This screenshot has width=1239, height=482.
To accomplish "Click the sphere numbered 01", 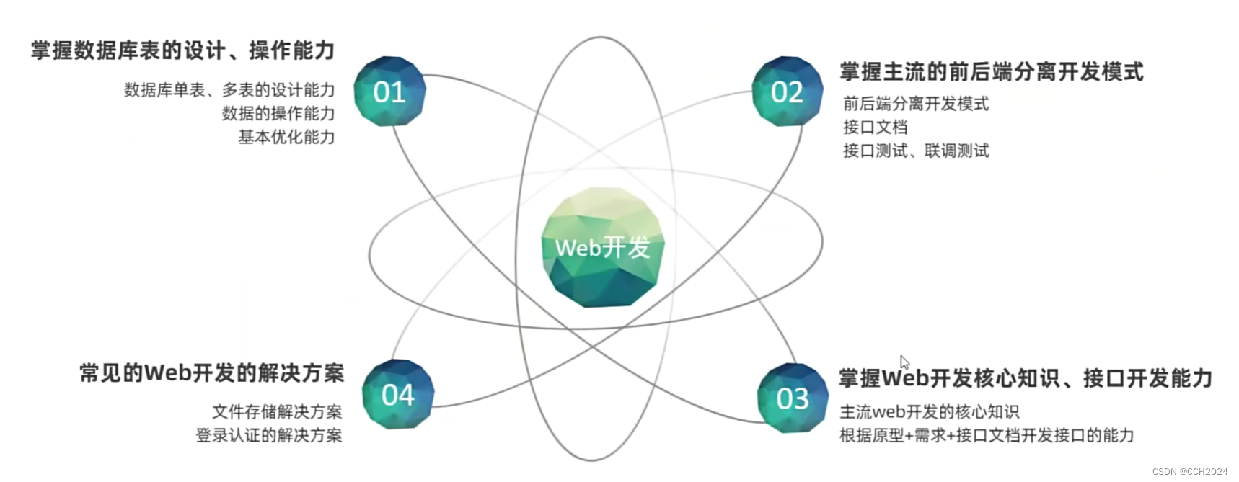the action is click(389, 92).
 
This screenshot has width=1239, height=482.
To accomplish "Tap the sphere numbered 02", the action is click(787, 92).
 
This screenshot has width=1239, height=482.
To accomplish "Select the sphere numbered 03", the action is click(793, 398).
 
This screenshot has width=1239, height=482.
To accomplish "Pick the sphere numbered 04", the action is click(398, 394).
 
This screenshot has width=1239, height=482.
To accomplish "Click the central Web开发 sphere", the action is click(603, 247).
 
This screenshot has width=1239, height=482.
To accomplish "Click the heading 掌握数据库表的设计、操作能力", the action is click(183, 50).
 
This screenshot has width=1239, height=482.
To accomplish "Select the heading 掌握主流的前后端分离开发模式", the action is click(992, 72).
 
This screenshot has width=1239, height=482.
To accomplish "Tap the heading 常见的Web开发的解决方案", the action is click(212, 373).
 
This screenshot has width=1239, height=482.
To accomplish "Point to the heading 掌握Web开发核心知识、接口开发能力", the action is click(1025, 378).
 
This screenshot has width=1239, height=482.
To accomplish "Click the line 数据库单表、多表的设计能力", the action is click(229, 90).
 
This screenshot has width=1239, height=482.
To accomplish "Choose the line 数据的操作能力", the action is click(278, 114).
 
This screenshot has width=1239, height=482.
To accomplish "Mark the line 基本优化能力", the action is click(286, 137).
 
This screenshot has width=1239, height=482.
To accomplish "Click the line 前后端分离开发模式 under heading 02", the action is click(916, 104).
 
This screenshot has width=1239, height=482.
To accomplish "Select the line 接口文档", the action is click(875, 128).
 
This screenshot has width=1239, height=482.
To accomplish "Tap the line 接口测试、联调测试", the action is click(916, 151).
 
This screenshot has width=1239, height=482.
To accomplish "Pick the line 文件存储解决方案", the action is click(277, 412).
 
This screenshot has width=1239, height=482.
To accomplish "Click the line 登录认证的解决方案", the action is click(269, 435).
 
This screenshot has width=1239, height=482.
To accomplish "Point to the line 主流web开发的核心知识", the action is click(930, 412).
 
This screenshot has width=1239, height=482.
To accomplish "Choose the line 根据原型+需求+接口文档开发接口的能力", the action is click(987, 435).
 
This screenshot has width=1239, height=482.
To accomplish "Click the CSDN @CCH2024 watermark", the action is click(1189, 471).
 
